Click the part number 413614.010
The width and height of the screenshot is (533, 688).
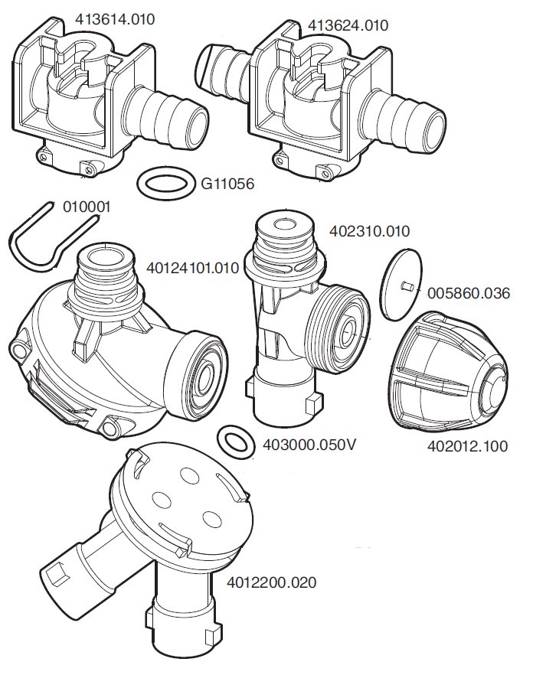click(x=115, y=19)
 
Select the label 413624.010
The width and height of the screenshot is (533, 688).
click(x=348, y=25)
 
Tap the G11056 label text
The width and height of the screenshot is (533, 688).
click(x=227, y=184)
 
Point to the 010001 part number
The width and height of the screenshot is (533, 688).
click(x=87, y=207)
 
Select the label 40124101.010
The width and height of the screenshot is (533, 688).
click(x=192, y=268)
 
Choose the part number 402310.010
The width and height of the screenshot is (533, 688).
click(x=369, y=231)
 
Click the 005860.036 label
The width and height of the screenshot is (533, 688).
click(x=469, y=293)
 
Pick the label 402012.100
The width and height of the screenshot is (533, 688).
click(x=468, y=446)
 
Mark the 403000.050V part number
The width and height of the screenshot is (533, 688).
click(x=309, y=445)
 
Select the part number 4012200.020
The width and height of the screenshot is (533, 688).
click(x=271, y=582)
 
